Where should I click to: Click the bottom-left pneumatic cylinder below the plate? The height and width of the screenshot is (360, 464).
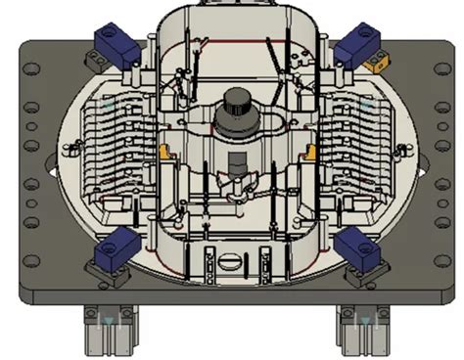point(110,329)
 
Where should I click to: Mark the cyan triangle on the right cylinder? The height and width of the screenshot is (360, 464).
point(364,321)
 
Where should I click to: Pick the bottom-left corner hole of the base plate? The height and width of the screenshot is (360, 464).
point(31,260)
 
